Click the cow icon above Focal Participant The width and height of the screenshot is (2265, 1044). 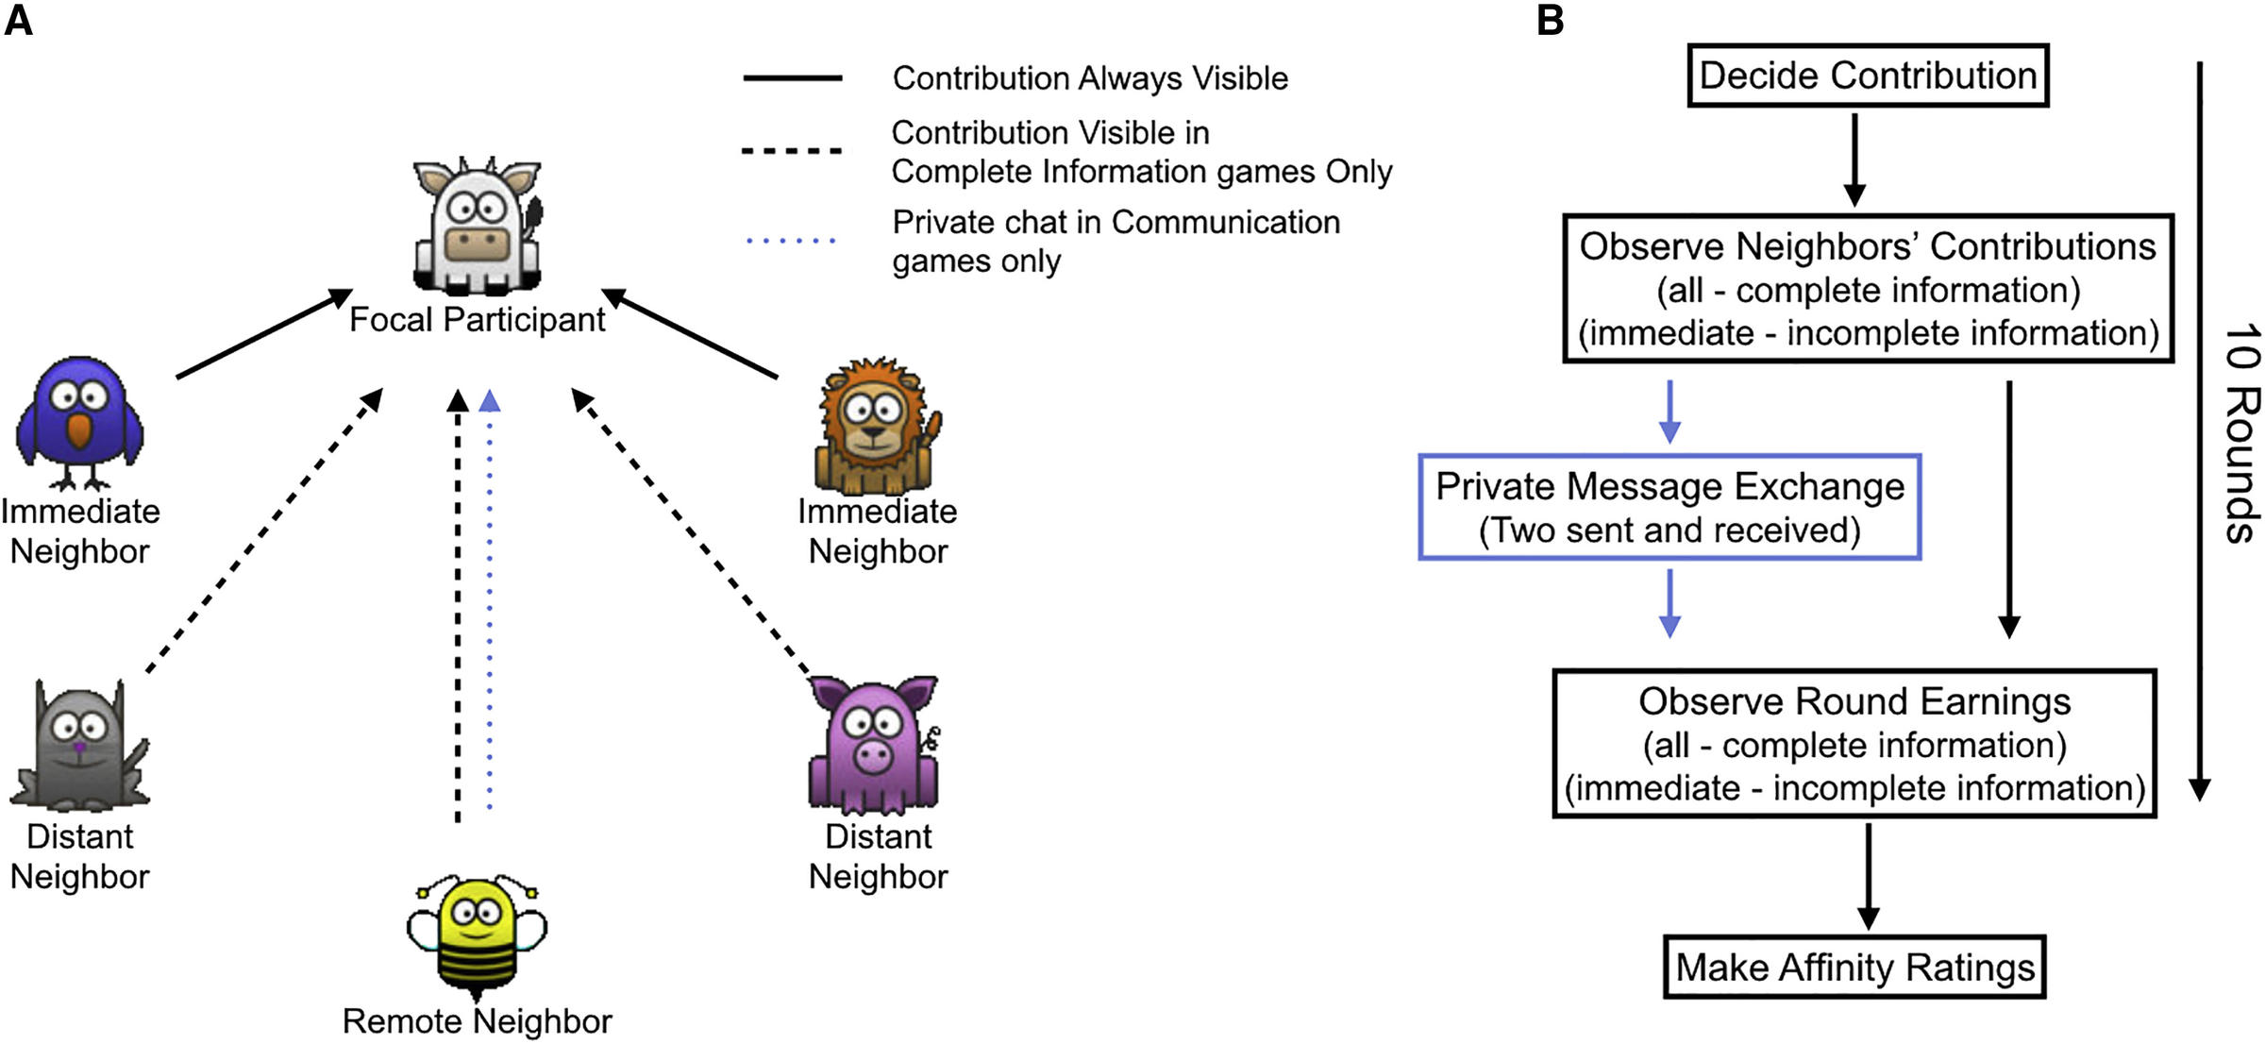(478, 227)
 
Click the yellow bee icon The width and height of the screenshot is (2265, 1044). (478, 938)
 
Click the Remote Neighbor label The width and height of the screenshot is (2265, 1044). (478, 1021)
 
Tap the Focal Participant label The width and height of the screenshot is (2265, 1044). (478, 320)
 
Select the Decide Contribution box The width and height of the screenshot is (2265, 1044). (1868, 76)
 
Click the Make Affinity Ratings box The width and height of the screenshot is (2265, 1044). (1854, 968)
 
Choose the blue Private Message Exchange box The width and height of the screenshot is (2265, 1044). (1669, 508)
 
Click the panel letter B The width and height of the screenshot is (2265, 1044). (1550, 21)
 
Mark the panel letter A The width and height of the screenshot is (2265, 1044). (19, 21)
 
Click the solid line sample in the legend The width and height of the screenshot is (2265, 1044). (793, 78)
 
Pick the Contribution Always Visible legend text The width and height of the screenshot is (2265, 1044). (1090, 78)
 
